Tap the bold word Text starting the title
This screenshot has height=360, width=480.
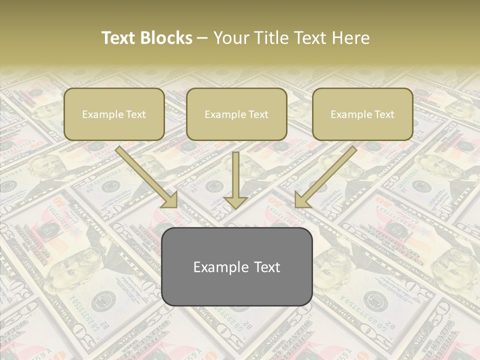(120, 38)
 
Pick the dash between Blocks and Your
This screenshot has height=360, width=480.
(202, 38)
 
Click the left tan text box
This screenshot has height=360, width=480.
(114, 114)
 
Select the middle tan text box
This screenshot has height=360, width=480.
(236, 114)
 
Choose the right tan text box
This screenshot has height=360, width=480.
(362, 114)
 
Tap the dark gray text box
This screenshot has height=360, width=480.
(237, 266)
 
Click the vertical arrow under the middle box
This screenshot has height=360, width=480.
(235, 180)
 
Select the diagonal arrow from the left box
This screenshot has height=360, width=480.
(147, 177)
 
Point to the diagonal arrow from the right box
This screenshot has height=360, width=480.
(325, 177)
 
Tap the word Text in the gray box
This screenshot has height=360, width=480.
(267, 267)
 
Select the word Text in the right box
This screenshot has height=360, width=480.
(384, 114)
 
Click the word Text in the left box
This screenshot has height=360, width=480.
(136, 114)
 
